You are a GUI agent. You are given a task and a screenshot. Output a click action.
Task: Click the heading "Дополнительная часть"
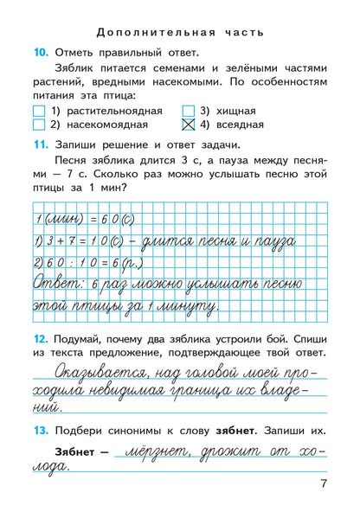[x=180, y=34]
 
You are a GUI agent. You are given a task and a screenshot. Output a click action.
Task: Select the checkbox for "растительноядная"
[x=37, y=111]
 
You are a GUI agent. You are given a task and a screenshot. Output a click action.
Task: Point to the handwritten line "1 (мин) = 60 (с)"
[x=83, y=219]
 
